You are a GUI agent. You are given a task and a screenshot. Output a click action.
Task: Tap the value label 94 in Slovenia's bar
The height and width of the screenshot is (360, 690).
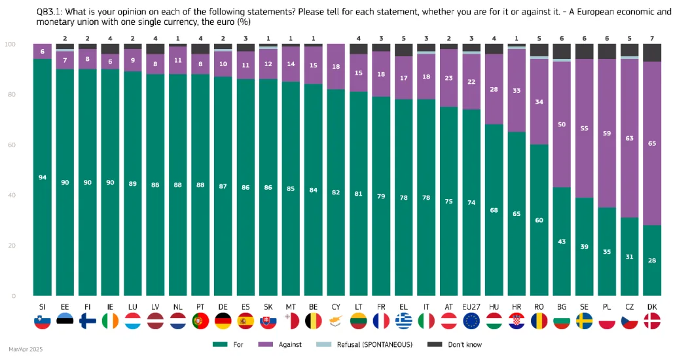coord(43,177)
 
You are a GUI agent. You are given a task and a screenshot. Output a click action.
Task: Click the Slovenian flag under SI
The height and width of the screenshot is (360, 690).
coord(43,321)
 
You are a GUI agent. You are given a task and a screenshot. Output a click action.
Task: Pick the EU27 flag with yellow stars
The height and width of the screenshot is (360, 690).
coord(471,321)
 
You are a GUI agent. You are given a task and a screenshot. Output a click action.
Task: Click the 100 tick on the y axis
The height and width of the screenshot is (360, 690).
coord(10,44)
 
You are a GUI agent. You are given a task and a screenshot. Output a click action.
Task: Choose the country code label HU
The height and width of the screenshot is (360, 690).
coord(494,307)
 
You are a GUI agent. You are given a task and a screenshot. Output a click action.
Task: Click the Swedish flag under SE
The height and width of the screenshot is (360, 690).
coord(585,321)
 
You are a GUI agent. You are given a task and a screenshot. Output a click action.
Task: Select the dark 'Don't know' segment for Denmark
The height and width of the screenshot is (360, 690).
coord(652,52)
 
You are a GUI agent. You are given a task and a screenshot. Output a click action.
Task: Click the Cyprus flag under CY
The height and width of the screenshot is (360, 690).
coord(336,321)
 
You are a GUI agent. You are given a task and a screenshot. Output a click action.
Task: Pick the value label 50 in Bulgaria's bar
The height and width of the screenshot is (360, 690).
coord(562,124)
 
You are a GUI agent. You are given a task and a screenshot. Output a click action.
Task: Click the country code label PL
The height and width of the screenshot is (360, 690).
coord(607,307)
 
